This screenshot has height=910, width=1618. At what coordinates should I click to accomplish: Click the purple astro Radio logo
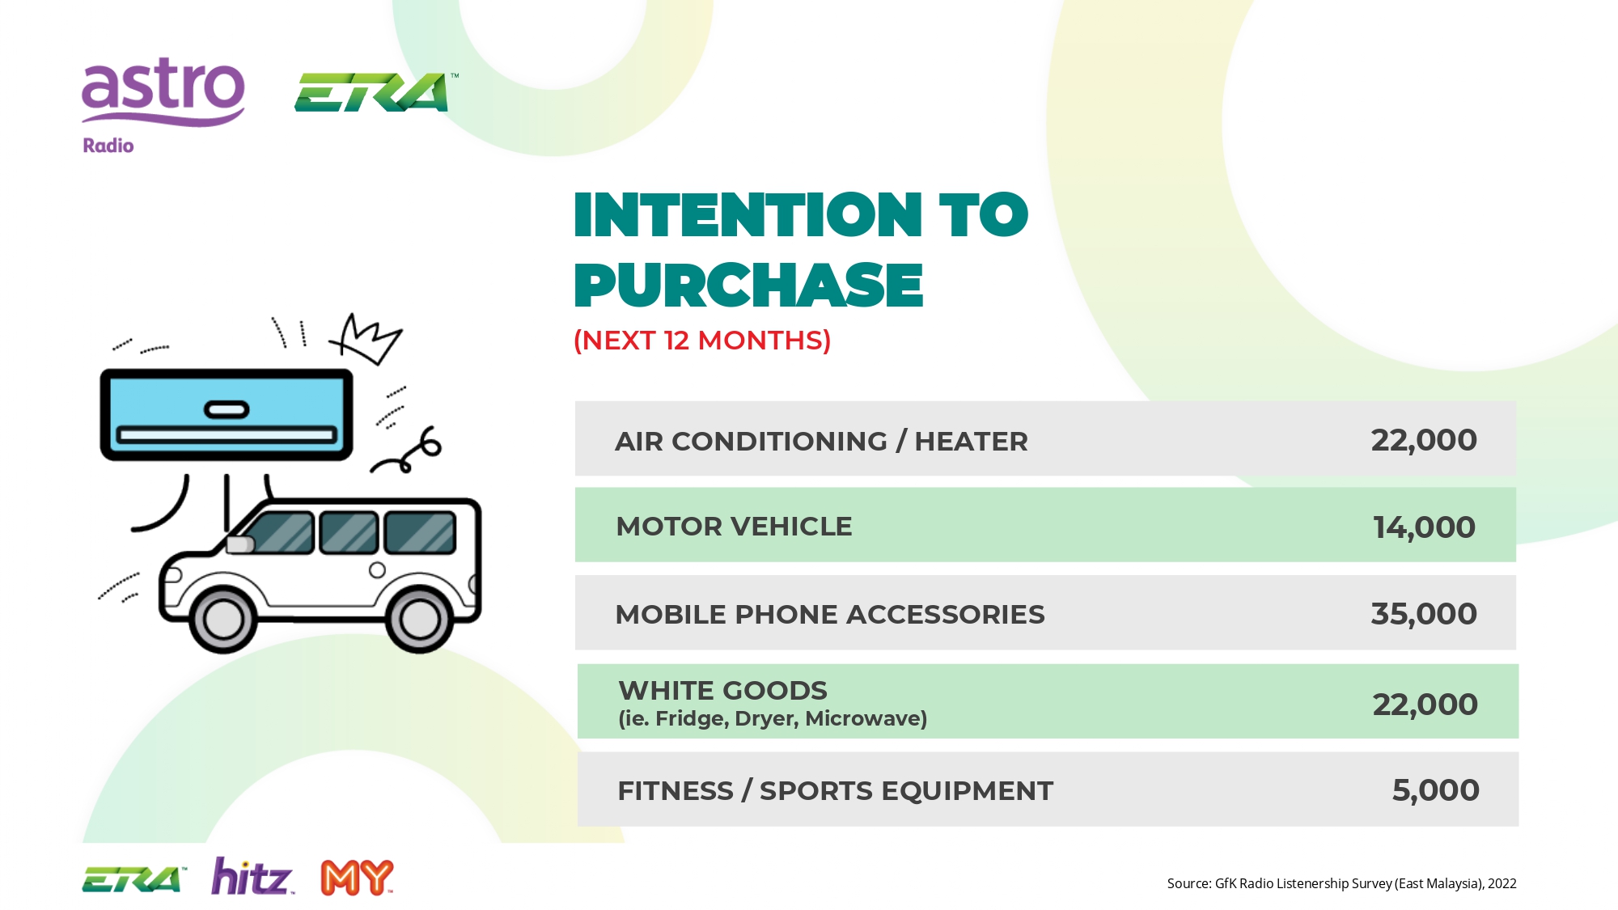click(x=163, y=105)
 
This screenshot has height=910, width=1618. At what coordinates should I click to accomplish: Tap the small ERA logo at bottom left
click(x=134, y=879)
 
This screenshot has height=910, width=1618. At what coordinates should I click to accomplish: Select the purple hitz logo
click(x=252, y=877)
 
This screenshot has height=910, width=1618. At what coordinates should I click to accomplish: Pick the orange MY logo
click(x=357, y=878)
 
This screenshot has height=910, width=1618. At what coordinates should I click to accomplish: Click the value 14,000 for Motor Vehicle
click(x=1424, y=527)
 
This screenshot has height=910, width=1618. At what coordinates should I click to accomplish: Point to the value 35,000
click(x=1424, y=614)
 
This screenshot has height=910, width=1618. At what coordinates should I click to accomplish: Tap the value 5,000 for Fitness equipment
click(x=1435, y=790)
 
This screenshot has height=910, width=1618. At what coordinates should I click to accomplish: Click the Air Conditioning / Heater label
click(x=821, y=442)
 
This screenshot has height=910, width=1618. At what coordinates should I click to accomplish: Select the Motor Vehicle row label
click(x=734, y=527)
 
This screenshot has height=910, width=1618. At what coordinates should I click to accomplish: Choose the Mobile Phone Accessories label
click(x=830, y=615)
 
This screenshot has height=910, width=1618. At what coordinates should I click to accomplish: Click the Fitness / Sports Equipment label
click(x=835, y=790)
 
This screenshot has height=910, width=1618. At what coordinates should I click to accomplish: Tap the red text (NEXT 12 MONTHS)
click(x=702, y=341)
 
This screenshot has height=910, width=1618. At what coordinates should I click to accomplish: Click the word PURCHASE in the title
click(x=748, y=286)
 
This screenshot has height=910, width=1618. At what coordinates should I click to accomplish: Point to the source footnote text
click(x=1341, y=883)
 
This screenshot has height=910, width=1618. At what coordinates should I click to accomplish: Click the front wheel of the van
click(x=223, y=620)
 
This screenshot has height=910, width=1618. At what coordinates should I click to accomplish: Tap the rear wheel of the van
click(x=420, y=620)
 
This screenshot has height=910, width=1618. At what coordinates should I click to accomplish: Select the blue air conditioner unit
click(x=227, y=415)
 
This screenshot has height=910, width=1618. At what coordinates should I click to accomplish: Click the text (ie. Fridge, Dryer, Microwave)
click(x=773, y=718)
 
